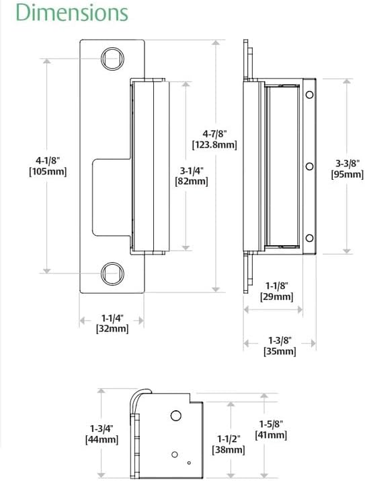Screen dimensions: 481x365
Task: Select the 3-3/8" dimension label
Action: (x=348, y=162)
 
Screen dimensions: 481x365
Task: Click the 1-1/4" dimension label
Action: (x=112, y=317)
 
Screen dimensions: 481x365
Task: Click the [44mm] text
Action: (x=102, y=439)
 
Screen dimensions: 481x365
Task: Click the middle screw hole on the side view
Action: (x=309, y=166)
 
